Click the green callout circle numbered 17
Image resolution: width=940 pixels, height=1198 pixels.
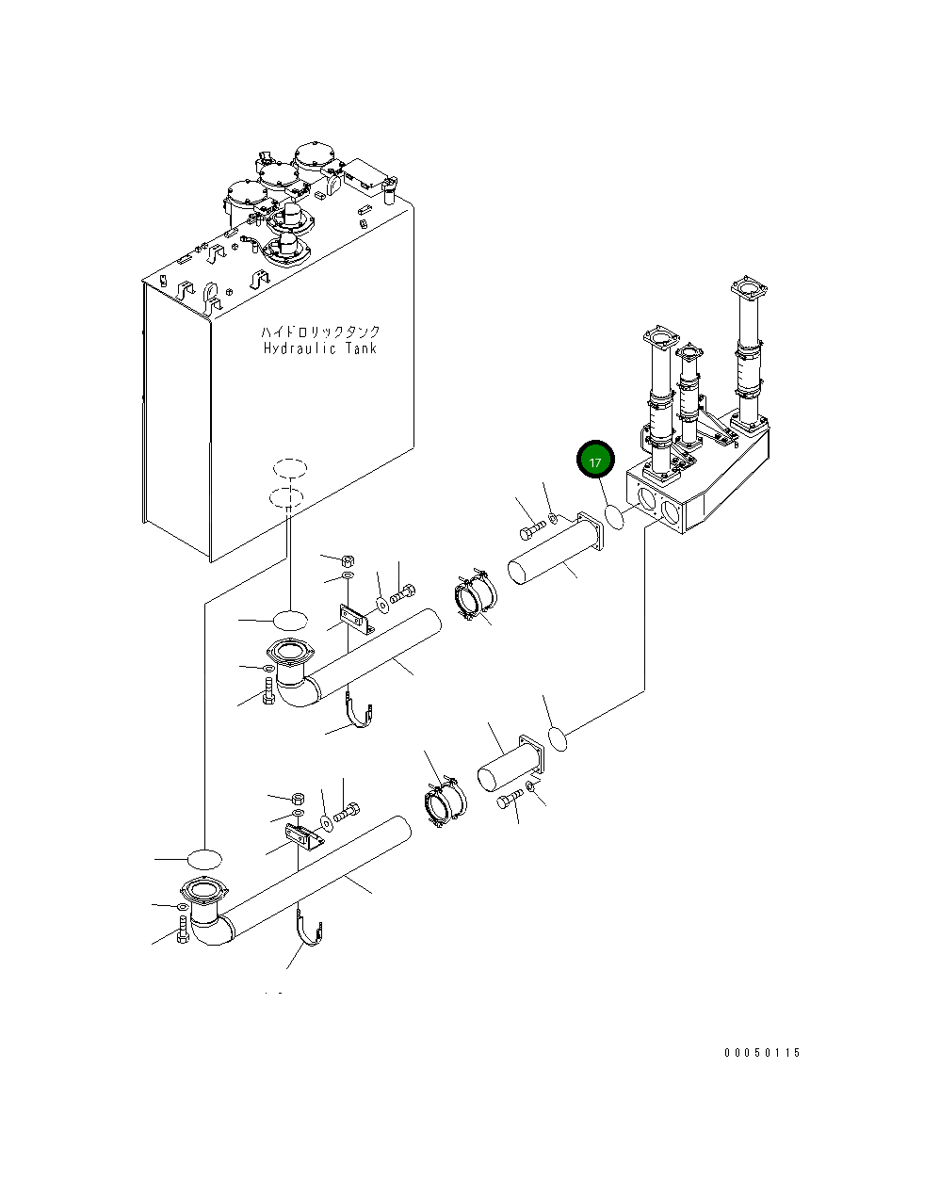pyautogui.click(x=594, y=461)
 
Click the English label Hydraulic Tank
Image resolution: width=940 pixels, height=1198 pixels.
pyautogui.click(x=320, y=348)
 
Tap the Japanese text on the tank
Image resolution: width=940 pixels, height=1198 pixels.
pyautogui.click(x=320, y=332)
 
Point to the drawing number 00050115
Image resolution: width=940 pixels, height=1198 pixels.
pyautogui.click(x=761, y=1053)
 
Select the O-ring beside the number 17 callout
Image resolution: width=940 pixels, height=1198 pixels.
pyautogui.click(x=614, y=517)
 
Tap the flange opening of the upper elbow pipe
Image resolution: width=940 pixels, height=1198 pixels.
pyautogui.click(x=288, y=651)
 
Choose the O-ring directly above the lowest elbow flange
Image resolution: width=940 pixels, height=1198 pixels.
pyautogui.click(x=203, y=858)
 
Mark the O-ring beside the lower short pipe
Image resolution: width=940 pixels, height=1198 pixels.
pyautogui.click(x=557, y=739)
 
